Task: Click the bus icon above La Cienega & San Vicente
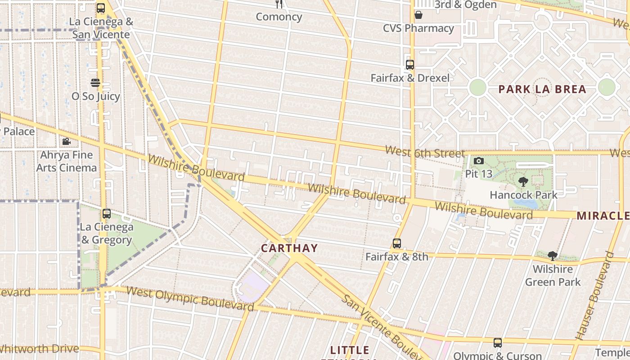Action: tap(101, 8)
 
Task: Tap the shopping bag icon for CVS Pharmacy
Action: tap(418, 15)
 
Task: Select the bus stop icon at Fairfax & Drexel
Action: tap(409, 65)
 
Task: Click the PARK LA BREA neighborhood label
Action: tap(542, 89)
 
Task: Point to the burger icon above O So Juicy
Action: tap(95, 83)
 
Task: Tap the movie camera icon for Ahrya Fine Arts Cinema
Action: tap(66, 142)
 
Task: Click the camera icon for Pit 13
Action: tap(479, 161)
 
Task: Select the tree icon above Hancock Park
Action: tap(523, 182)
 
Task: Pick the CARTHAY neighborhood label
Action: tap(289, 248)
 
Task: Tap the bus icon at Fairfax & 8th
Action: tap(396, 243)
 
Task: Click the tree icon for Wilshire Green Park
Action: tap(553, 256)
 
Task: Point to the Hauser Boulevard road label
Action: tap(595, 296)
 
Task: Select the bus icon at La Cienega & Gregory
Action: tap(107, 214)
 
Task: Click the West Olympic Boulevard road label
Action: tap(190, 298)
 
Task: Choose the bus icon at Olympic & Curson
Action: tap(497, 343)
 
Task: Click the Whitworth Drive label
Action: tap(40, 348)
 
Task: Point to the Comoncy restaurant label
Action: tap(279, 17)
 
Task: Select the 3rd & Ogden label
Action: tap(465, 5)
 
